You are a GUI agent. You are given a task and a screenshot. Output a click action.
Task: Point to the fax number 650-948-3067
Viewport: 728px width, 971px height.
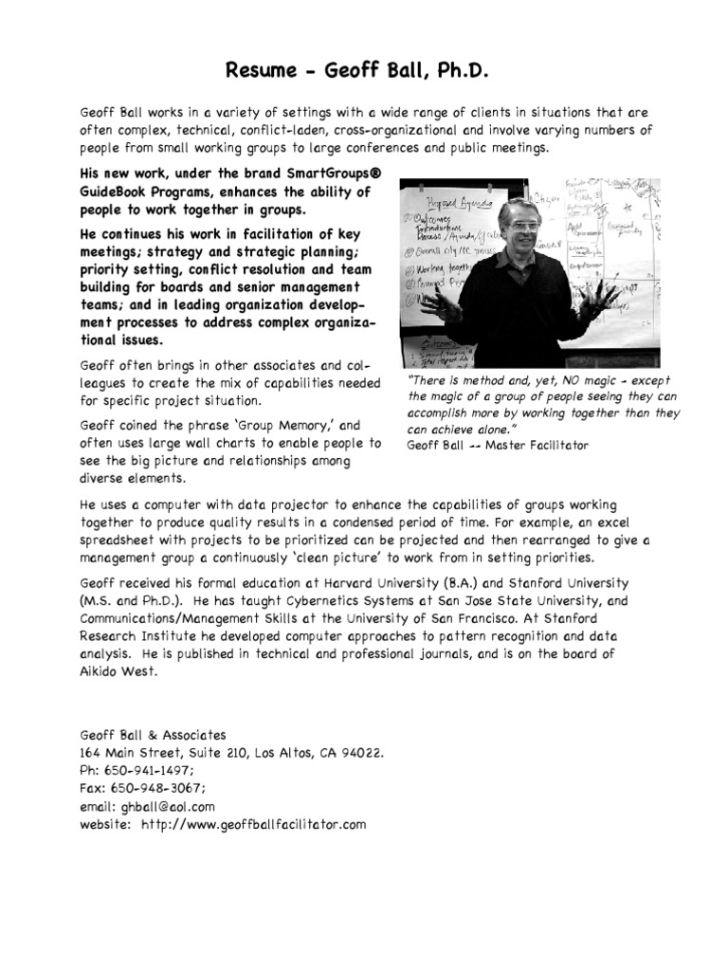tap(156, 788)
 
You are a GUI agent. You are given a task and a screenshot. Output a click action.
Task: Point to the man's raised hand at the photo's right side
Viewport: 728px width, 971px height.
tap(597, 305)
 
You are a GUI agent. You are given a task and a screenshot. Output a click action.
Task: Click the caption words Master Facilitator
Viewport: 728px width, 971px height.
tap(537, 445)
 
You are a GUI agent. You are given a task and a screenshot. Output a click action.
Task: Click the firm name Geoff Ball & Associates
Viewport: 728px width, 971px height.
tap(153, 734)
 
